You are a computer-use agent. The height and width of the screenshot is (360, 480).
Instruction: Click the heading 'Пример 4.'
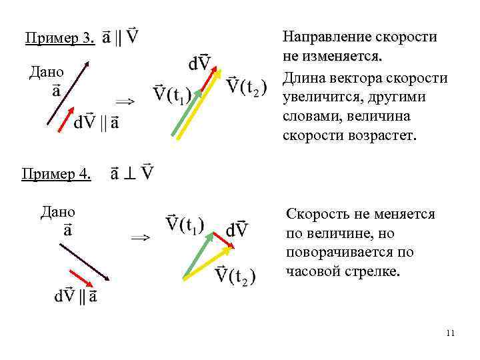point(56,174)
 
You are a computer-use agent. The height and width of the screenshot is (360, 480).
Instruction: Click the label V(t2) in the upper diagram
point(246,85)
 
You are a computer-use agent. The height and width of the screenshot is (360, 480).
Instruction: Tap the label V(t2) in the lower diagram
point(236,275)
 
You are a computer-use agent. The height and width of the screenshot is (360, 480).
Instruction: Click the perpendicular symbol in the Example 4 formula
point(132,174)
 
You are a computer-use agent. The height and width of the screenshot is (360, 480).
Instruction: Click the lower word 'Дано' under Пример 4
point(57,212)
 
